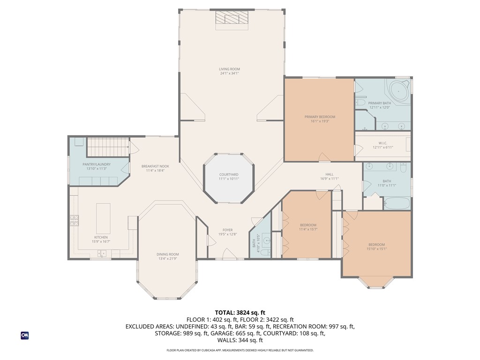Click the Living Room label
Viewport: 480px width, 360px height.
pyautogui.click(x=230, y=69)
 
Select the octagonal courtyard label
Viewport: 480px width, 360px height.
pyautogui.click(x=229, y=175)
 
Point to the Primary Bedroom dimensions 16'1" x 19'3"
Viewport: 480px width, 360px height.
pyautogui.click(x=320, y=121)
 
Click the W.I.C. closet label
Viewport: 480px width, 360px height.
pyautogui.click(x=383, y=143)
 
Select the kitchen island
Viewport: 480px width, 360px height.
pyautogui.click(x=103, y=218)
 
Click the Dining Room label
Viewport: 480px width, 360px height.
pyautogui.click(x=167, y=254)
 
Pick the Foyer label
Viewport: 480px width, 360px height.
pyautogui.click(x=227, y=230)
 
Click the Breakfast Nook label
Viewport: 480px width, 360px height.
pyautogui.click(x=155, y=166)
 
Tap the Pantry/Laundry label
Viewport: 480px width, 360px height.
pyautogui.click(x=97, y=164)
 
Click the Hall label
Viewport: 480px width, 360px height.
pyautogui.click(x=329, y=174)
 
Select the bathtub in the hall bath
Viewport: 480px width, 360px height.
pyautogui.click(x=397, y=203)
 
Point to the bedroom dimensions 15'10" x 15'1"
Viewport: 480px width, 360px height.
pyautogui.click(x=376, y=249)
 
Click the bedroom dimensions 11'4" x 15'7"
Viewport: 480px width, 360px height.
pyautogui.click(x=308, y=229)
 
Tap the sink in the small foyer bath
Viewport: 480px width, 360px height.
pyautogui.click(x=267, y=241)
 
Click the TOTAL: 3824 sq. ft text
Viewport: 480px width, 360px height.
pyautogui.click(x=240, y=312)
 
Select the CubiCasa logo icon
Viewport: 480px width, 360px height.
pyautogui.click(x=25, y=335)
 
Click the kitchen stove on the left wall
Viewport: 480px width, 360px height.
pyautogui.click(x=74, y=220)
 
